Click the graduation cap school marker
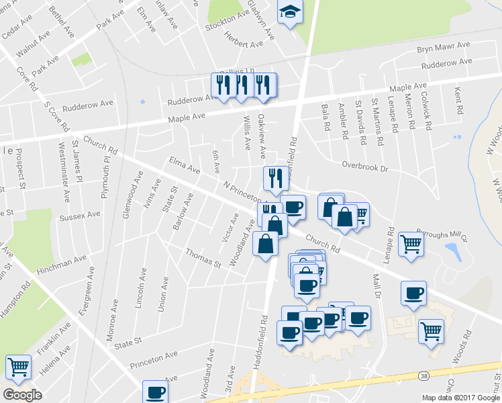click(290, 13)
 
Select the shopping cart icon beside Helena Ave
click(18, 367)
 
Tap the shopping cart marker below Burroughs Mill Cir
click(411, 244)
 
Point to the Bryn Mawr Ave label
click(443, 48)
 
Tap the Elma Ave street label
click(185, 165)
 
